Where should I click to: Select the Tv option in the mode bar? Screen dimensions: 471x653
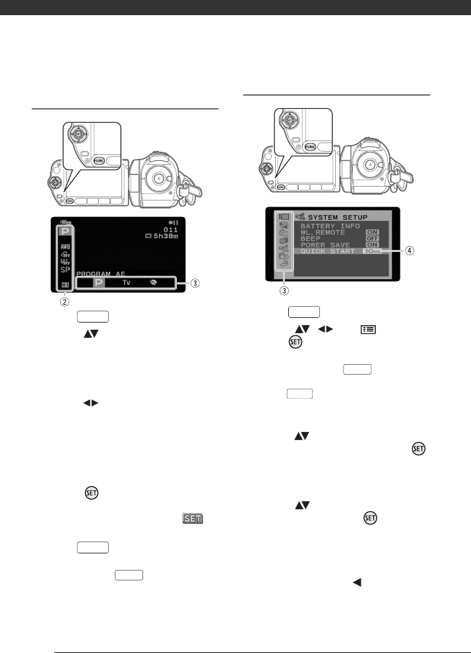(x=126, y=282)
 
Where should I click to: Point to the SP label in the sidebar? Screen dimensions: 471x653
(x=66, y=269)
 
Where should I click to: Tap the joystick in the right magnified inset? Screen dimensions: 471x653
(x=288, y=121)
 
